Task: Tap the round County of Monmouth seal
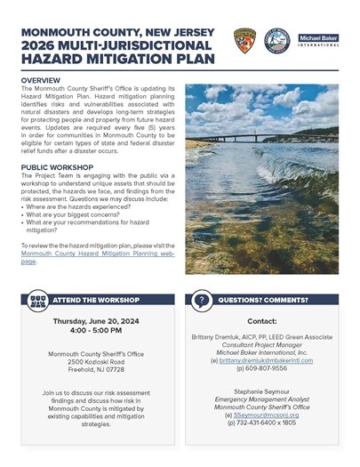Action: pyautogui.click(x=276, y=41)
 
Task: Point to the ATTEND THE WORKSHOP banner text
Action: pyautogui.click(x=84, y=300)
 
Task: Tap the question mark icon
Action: pyautogui.click(x=202, y=300)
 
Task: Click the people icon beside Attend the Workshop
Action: pyautogui.click(x=37, y=300)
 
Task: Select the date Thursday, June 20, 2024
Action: pyautogui.click(x=93, y=320)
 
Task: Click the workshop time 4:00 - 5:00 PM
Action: pyautogui.click(x=93, y=330)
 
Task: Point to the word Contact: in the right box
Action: pyautogui.click(x=261, y=320)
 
